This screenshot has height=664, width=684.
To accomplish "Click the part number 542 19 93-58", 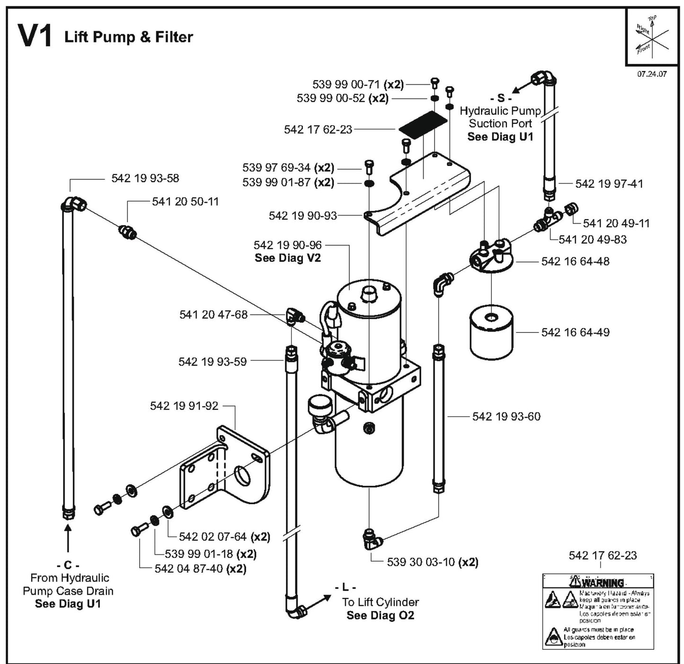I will click(x=145, y=178).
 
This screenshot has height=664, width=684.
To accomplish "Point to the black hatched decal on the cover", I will click(x=423, y=122).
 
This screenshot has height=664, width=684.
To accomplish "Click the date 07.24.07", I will click(x=652, y=74).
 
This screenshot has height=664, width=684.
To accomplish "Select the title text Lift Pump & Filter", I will click(x=129, y=37).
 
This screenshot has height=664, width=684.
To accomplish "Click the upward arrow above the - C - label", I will click(x=68, y=539).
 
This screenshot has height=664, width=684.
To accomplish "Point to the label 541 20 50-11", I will click(x=185, y=201).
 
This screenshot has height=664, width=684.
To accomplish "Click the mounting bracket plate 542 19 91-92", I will click(x=225, y=468).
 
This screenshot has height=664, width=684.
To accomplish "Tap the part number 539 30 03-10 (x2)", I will click(x=432, y=562).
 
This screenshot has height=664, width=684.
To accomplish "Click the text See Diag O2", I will click(x=380, y=615).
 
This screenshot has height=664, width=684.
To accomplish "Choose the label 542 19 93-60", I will click(x=506, y=416).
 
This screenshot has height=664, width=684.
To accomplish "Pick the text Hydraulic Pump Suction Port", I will click(x=500, y=117).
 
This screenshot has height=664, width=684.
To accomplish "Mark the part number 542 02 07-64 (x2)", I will click(x=224, y=537).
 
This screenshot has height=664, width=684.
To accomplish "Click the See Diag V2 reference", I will click(x=287, y=258).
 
